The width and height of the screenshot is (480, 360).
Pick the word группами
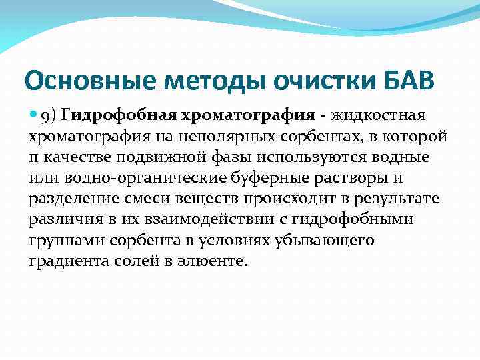pos(60,241)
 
